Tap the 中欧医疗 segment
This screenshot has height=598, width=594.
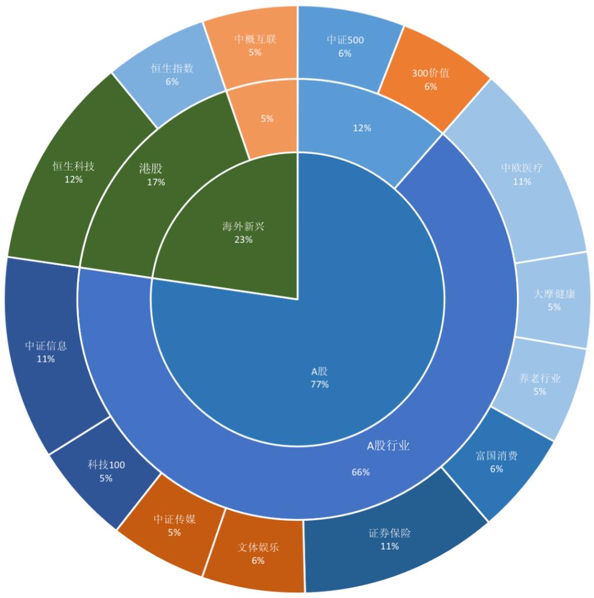[x=521, y=174]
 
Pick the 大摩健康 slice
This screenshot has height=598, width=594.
[x=553, y=300]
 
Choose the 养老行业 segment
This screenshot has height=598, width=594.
[x=539, y=385]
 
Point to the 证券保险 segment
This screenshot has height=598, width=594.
[x=390, y=540]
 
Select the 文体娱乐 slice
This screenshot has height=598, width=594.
[x=258, y=553]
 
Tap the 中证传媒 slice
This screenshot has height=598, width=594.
[x=175, y=525]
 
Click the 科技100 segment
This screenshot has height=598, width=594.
[x=106, y=471]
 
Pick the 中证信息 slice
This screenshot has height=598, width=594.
[x=46, y=352]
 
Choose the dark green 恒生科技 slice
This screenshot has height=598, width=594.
[x=73, y=172]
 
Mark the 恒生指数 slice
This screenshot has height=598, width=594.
[x=172, y=74]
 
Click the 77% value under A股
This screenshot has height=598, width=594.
[x=320, y=384]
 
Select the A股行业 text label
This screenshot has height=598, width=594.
[x=389, y=446]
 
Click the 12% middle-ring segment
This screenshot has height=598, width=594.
[x=362, y=128]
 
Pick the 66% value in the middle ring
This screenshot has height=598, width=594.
[x=360, y=472]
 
